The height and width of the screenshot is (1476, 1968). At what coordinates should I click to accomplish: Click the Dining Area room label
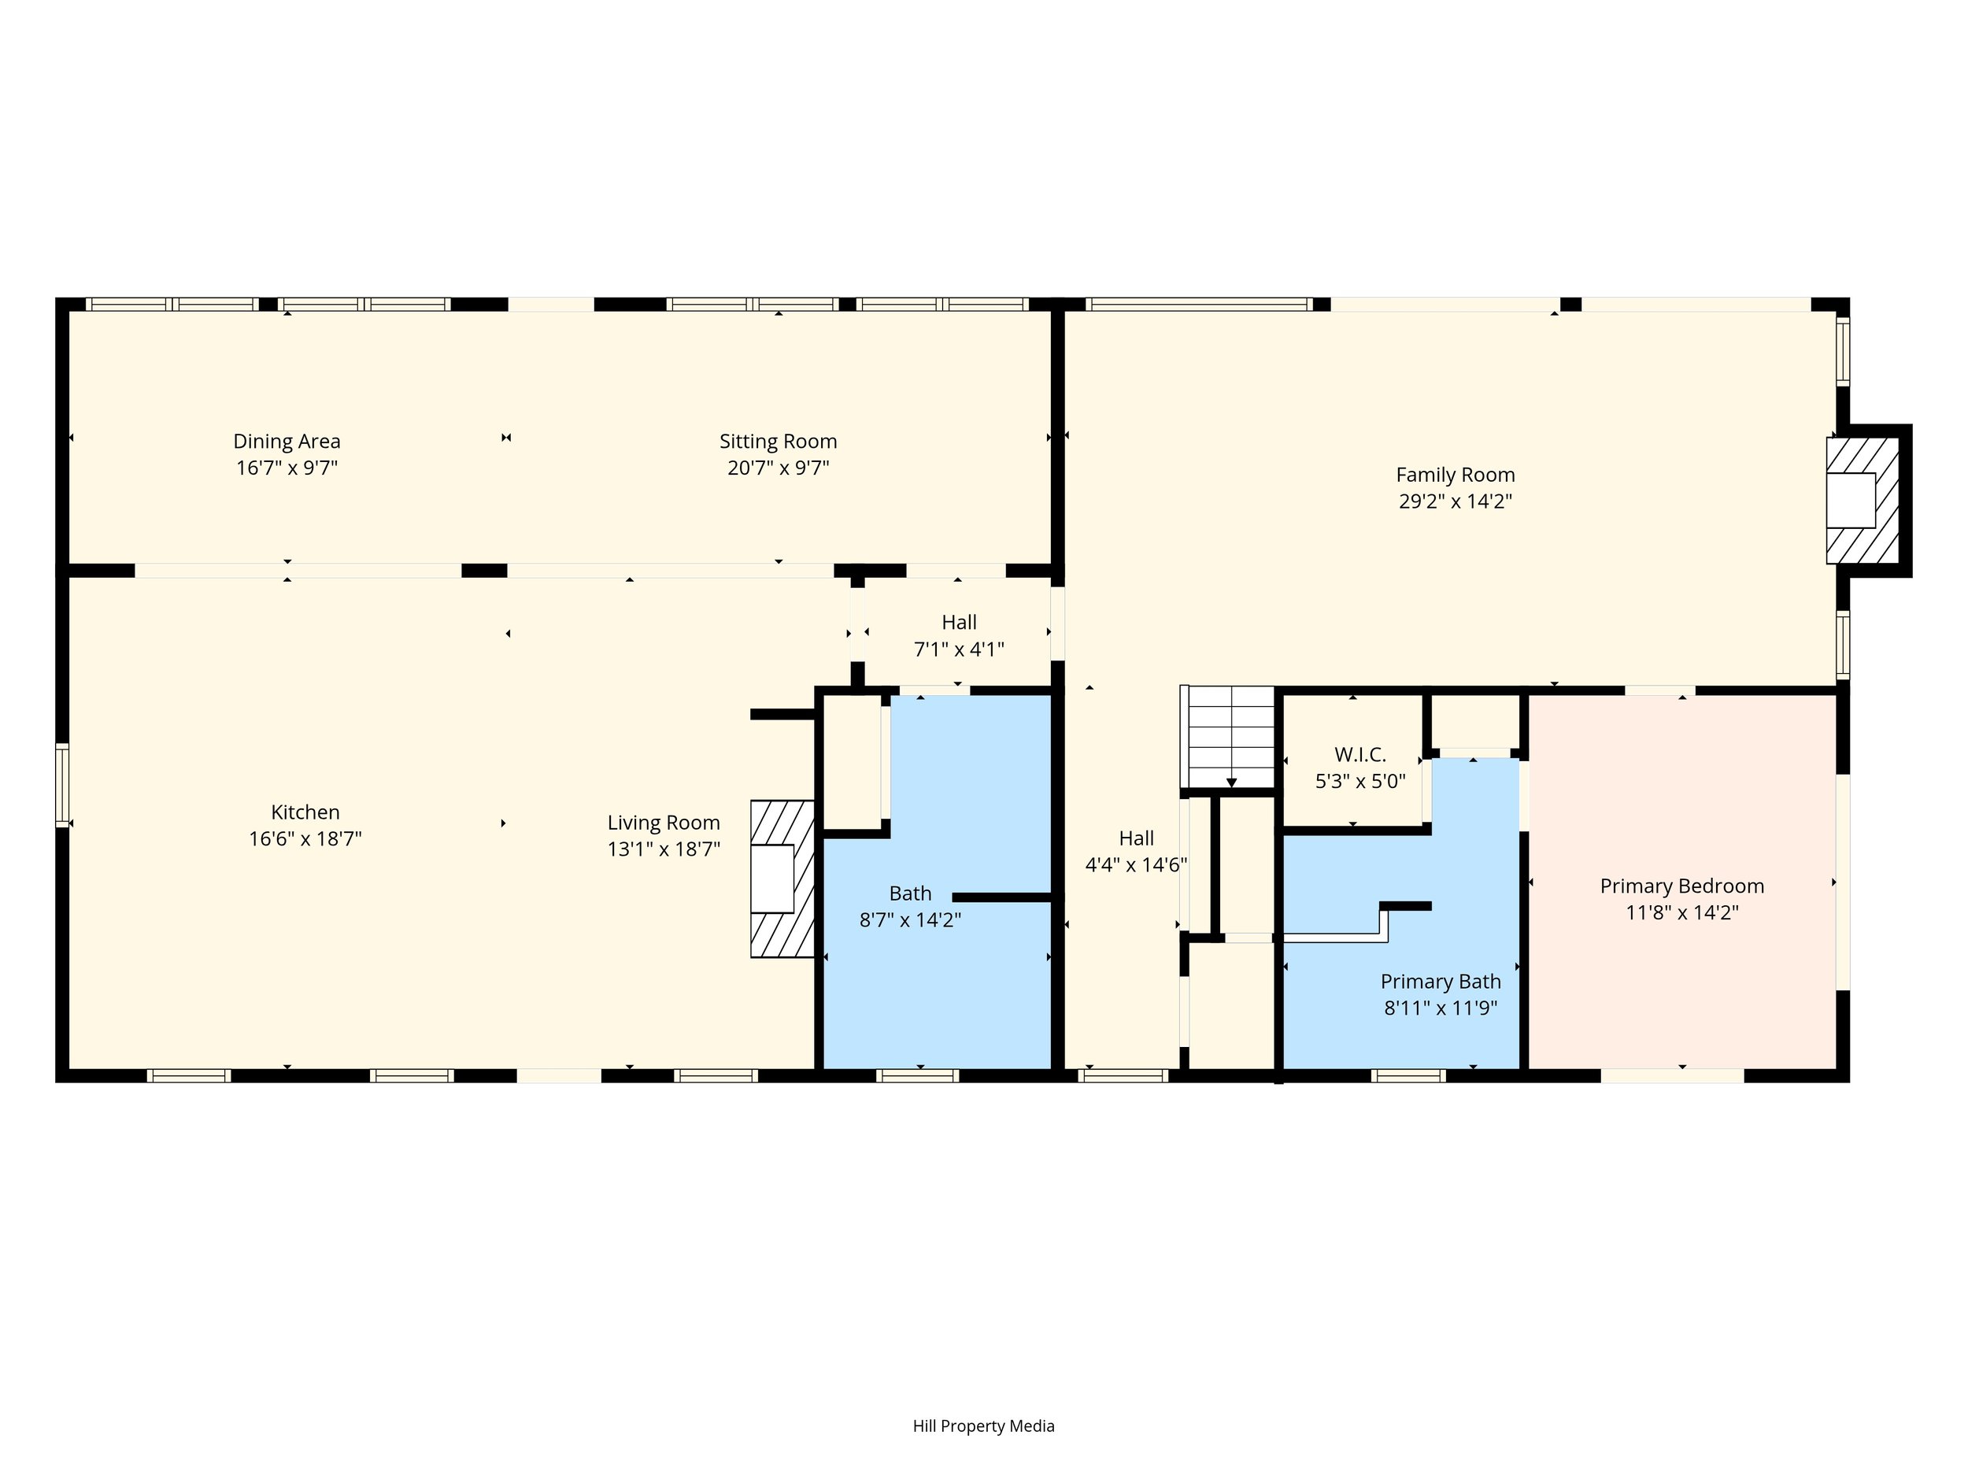(x=287, y=442)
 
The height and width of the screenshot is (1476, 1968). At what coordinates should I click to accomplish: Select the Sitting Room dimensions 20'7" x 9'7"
(x=779, y=468)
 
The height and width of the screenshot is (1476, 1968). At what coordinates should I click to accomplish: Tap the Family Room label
(x=1456, y=475)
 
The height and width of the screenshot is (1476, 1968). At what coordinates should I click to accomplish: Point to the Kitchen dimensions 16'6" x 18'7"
(x=305, y=839)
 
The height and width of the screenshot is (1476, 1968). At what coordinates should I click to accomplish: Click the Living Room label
(x=664, y=823)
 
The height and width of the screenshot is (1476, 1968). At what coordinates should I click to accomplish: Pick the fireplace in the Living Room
(x=782, y=879)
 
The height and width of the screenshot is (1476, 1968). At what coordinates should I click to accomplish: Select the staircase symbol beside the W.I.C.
(x=1229, y=737)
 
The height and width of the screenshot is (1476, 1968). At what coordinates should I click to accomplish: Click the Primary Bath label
(x=1441, y=982)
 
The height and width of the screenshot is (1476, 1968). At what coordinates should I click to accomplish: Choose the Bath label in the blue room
(x=910, y=893)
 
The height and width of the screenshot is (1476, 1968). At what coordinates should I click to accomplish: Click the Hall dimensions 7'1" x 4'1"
(x=959, y=649)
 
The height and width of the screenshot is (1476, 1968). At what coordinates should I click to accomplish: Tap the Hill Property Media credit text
(x=984, y=1426)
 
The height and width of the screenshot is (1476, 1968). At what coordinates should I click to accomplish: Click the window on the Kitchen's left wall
(x=62, y=786)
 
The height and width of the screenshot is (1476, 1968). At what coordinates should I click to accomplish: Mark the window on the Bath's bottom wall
(x=917, y=1075)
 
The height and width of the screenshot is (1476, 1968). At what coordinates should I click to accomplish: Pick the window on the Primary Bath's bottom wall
(x=1408, y=1075)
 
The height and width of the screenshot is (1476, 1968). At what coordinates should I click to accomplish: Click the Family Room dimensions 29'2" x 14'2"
(x=1456, y=501)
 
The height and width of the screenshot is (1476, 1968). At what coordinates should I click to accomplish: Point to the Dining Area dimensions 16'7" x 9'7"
(x=287, y=468)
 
